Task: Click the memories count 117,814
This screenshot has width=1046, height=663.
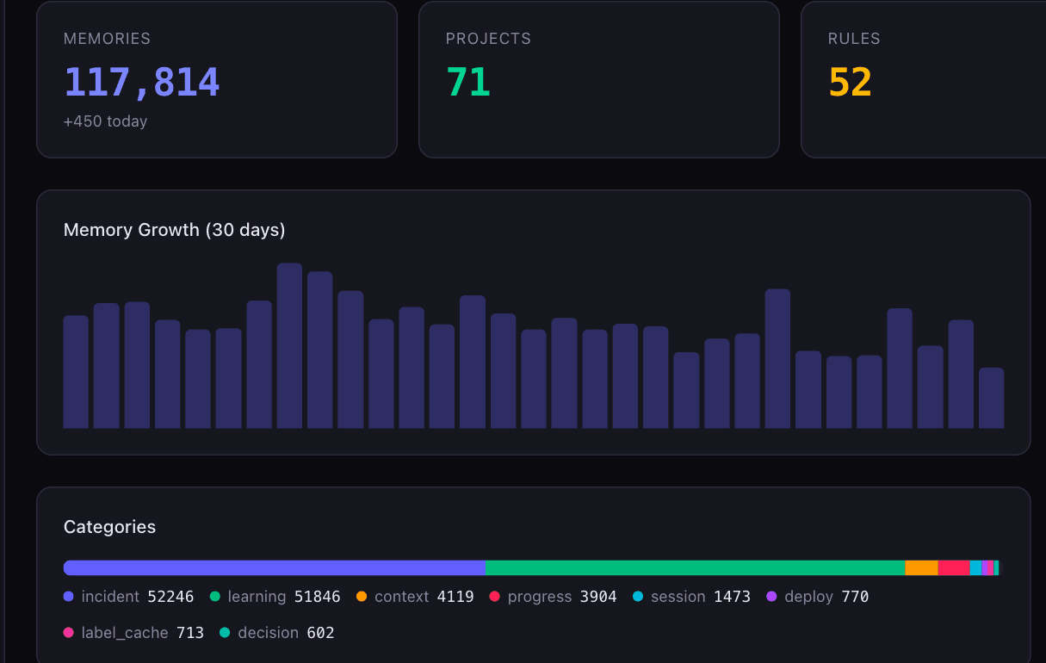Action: [141, 82]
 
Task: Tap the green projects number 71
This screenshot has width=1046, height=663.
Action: [468, 82]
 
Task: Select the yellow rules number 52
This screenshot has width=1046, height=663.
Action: [850, 82]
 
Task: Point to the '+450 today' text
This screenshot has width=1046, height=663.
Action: [106, 121]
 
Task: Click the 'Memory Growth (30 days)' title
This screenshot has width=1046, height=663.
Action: [174, 230]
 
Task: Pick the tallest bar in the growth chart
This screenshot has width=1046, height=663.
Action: [289, 345]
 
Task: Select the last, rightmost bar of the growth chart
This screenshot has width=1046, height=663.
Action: [992, 398]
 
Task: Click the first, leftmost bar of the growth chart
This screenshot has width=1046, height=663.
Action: [76, 372]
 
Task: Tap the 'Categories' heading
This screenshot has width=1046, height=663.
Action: [109, 527]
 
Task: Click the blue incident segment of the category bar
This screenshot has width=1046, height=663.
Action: [275, 567]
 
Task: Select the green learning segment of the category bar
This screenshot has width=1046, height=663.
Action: [696, 567]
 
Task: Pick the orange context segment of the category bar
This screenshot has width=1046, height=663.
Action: [922, 567]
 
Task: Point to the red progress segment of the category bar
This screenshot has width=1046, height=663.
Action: [954, 567]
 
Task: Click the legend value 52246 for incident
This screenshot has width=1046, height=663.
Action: [170, 597]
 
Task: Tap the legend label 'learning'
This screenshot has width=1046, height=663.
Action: [257, 597]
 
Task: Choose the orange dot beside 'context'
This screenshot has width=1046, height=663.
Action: [362, 596]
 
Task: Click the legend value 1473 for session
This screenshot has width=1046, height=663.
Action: [732, 597]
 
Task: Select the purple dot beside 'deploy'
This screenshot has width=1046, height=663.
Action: [771, 596]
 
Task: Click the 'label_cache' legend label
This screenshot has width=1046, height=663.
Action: [125, 633]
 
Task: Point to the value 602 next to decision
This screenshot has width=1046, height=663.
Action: [320, 633]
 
